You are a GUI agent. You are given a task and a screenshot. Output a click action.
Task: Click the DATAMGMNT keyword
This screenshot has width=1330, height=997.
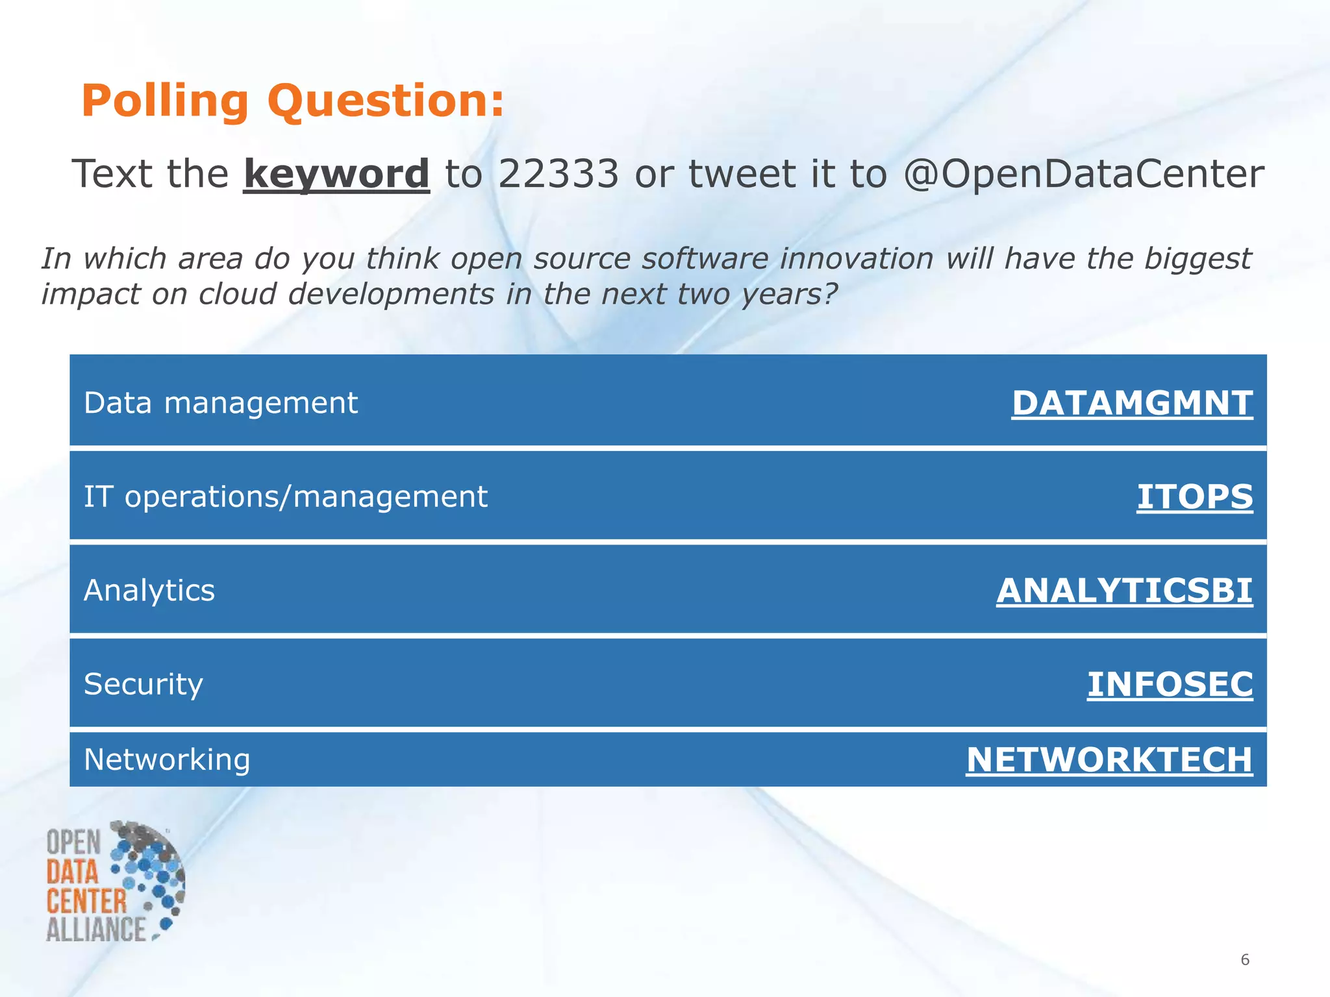1132,403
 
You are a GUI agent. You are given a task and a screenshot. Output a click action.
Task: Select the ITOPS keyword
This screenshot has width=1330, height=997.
1194,497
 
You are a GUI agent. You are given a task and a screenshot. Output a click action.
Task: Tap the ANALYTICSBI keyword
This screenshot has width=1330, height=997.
1124,591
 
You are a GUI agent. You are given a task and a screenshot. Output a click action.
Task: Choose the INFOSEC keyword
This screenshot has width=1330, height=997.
1170,684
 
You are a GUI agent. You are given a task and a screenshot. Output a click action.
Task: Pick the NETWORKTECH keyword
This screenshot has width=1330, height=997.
1109,759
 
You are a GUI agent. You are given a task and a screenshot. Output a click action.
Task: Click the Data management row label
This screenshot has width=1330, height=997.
221,403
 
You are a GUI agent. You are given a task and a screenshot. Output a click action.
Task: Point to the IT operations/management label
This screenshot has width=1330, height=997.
285,497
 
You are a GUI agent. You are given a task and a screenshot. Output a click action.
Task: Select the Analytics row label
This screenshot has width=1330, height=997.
149,591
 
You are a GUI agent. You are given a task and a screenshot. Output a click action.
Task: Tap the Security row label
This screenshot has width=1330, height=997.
144,684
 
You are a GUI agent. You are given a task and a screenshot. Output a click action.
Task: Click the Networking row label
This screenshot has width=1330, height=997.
167,759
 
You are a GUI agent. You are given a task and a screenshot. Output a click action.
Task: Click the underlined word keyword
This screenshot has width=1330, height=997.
336,174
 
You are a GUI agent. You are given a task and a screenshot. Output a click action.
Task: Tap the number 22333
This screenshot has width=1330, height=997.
558,174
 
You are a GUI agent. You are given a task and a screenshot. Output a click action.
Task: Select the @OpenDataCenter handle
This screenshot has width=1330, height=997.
1083,174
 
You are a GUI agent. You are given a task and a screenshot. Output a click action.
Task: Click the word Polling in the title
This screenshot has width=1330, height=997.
165,101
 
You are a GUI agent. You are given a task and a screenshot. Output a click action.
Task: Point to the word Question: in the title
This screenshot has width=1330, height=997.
386,101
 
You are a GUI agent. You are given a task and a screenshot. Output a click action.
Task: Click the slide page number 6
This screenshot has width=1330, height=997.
1244,959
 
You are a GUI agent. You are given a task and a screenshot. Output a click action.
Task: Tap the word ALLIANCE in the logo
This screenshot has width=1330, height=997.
96,929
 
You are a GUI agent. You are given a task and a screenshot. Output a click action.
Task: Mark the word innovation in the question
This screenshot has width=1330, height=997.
857,258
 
